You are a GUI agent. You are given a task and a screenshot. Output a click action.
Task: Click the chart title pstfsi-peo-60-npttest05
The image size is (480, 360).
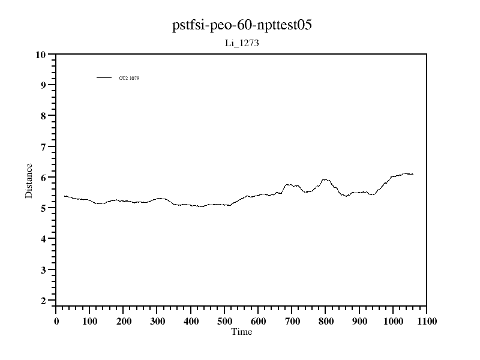[240, 26]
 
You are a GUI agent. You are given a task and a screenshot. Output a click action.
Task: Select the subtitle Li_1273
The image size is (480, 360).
[240, 44]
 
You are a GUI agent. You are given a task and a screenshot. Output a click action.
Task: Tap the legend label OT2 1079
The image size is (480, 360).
[129, 78]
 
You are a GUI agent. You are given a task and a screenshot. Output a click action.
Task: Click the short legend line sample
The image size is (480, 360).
[104, 77]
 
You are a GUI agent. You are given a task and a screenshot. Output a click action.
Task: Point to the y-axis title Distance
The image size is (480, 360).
[29, 181]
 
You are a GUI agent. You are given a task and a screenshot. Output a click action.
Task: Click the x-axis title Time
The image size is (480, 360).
[242, 332]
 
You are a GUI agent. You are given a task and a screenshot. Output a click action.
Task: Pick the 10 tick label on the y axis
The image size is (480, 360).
[41, 55]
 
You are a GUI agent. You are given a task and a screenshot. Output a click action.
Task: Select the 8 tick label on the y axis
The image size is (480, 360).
[43, 116]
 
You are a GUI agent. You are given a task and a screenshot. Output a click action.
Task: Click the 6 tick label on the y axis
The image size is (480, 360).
[43, 178]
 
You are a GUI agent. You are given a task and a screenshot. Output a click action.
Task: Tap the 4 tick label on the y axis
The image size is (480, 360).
[43, 239]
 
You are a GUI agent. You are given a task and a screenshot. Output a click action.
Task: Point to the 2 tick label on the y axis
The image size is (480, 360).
[43, 301]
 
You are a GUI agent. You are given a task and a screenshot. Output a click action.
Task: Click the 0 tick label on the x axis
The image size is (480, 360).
[56, 321]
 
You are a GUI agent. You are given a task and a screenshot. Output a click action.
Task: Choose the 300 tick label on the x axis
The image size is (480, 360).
[157, 321]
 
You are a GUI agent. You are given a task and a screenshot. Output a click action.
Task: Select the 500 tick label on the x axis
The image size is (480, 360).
[224, 321]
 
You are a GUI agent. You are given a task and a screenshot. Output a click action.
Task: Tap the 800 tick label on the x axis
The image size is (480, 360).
[325, 321]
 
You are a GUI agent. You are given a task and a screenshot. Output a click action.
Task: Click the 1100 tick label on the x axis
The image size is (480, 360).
[426, 321]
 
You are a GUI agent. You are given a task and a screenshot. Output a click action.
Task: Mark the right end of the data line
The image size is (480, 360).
[413, 174]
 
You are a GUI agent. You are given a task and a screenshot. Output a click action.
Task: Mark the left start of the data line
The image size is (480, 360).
[64, 196]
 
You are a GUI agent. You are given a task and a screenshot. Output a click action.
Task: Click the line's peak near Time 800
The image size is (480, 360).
[325, 179]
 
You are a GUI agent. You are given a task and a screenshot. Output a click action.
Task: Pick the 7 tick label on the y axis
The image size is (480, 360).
[43, 147]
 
